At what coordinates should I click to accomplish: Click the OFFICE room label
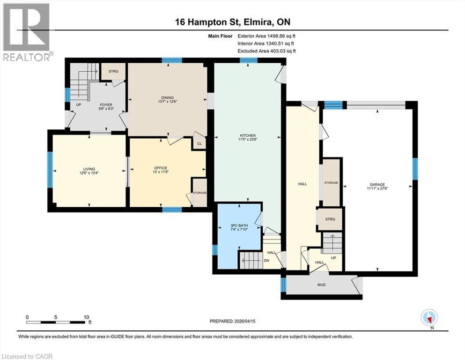coord(161,168)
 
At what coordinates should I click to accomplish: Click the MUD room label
coord(321,285)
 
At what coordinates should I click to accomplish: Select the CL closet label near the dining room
coord(199,144)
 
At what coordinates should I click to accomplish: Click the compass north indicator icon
coord(429,318)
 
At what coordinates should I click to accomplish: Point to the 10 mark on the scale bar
coord(87,317)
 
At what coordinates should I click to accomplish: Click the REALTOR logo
coord(27,32)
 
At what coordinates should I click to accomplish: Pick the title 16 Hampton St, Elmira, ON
coord(233,22)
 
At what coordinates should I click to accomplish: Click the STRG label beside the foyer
coord(113,71)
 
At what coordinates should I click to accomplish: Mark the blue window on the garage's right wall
coord(414,169)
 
